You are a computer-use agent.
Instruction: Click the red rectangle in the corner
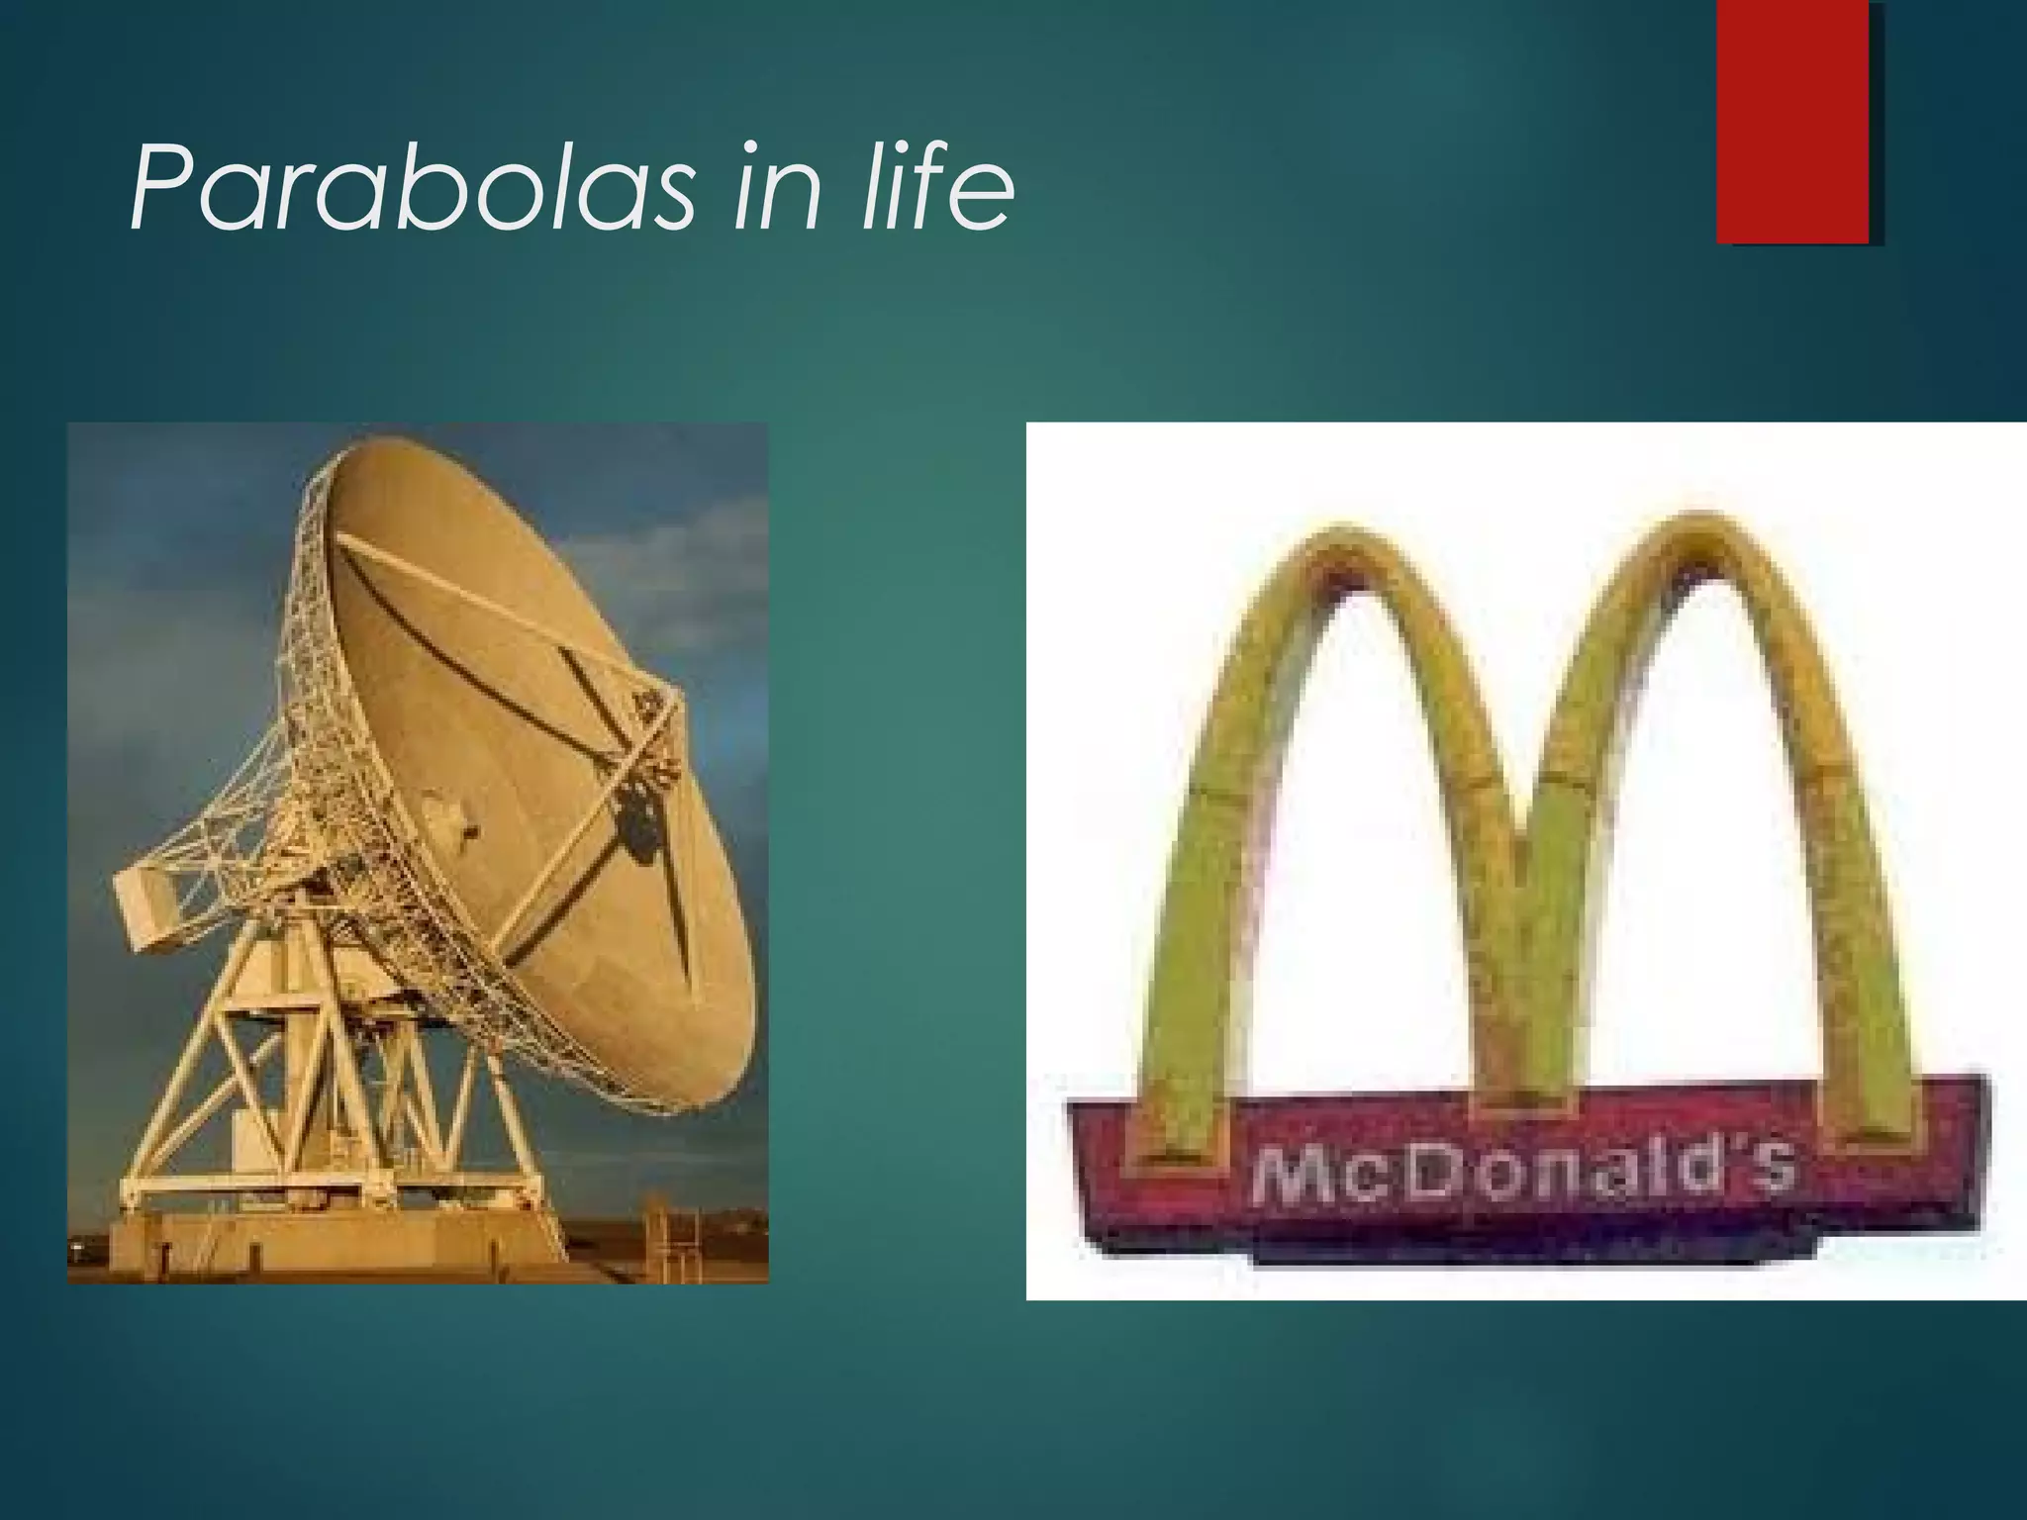1791,121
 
